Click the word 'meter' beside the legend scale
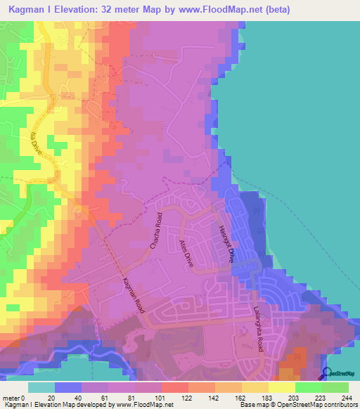11,397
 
